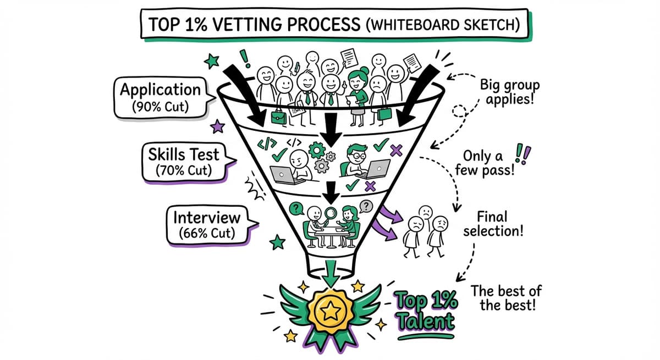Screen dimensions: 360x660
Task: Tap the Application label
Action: pyautogui.click(x=161, y=89)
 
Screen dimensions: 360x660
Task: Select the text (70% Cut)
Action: pyautogui.click(x=183, y=170)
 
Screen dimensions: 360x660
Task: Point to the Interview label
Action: pyautogui.click(x=207, y=218)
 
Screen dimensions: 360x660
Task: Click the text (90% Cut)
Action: pyautogui.click(x=161, y=106)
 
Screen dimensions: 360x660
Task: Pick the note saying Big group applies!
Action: pyautogui.click(x=509, y=93)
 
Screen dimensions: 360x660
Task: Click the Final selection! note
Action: pyautogui.click(x=492, y=223)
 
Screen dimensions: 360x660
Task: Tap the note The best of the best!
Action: pyautogui.click(x=507, y=297)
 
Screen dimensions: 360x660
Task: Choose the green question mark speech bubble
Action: pyautogui.click(x=296, y=208)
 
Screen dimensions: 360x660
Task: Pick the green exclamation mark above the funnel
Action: pyautogui.click(x=243, y=56)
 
